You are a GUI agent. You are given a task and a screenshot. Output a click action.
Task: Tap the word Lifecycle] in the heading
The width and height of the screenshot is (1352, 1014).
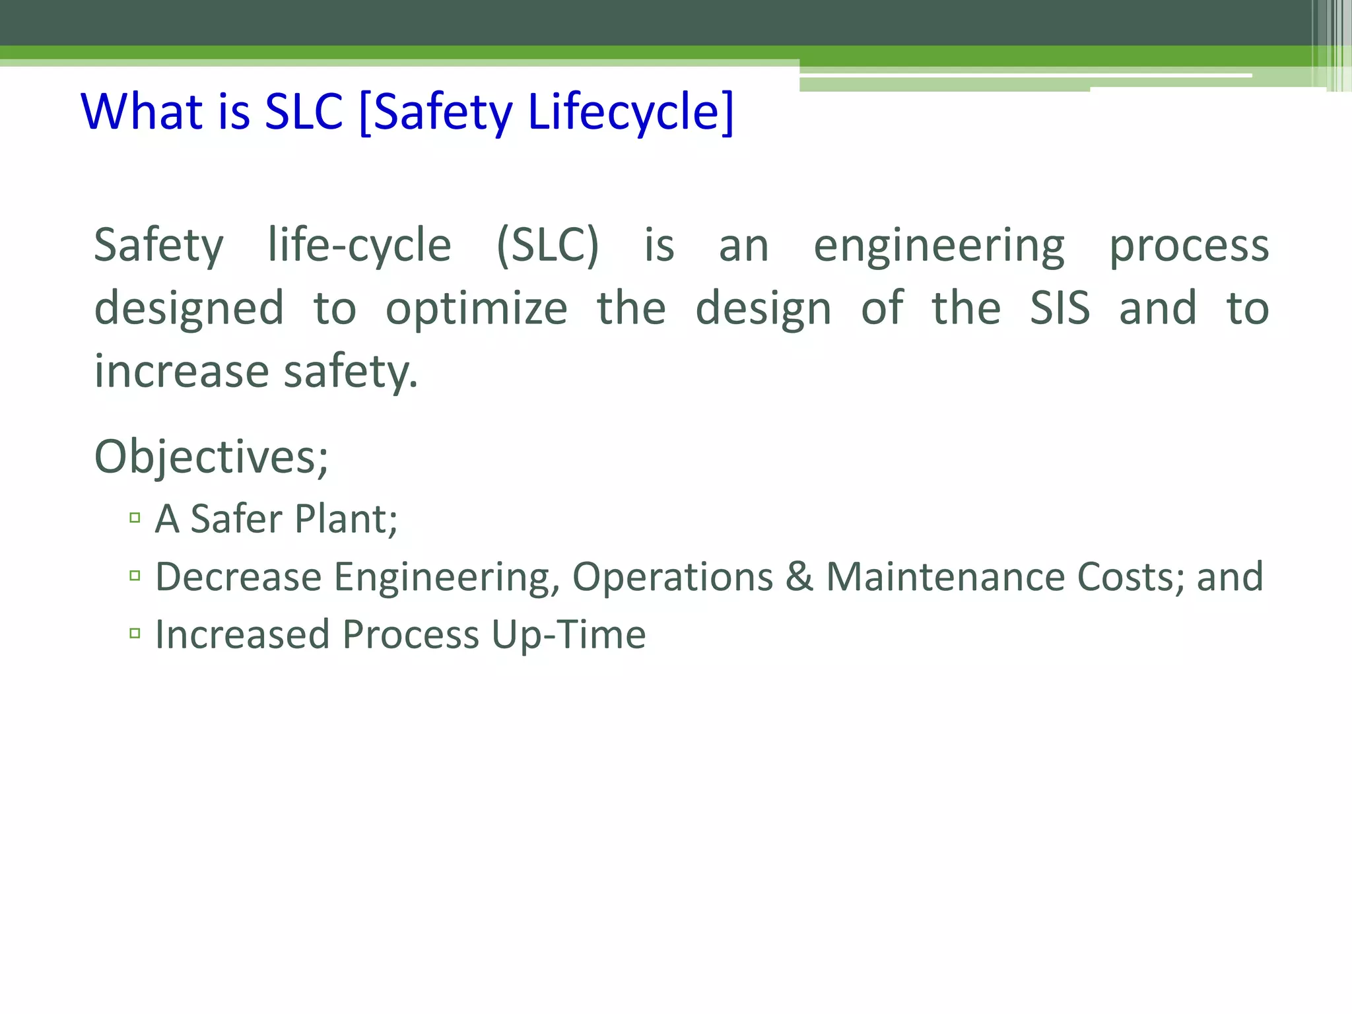coord(630,112)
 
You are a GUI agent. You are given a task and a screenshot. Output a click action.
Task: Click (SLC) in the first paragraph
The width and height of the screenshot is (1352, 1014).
coord(547,246)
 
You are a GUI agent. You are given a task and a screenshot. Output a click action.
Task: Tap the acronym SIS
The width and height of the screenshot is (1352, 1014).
coord(1060,308)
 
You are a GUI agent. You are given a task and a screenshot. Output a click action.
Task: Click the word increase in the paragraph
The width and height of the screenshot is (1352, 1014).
coord(181,371)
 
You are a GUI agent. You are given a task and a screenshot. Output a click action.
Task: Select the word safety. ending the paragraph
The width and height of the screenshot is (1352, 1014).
coord(351,372)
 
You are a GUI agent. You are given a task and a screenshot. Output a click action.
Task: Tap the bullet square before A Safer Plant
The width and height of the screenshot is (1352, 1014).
coord(135,518)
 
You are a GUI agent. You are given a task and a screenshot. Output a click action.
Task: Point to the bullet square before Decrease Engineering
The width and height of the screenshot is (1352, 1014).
coord(135,576)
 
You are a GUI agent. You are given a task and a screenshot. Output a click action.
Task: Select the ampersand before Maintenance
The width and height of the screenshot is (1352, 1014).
coord(799,576)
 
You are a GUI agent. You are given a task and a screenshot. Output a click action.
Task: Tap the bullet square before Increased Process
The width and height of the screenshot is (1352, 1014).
coord(135,634)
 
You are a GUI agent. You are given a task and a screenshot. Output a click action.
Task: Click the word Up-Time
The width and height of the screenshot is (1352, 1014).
coord(568,635)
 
